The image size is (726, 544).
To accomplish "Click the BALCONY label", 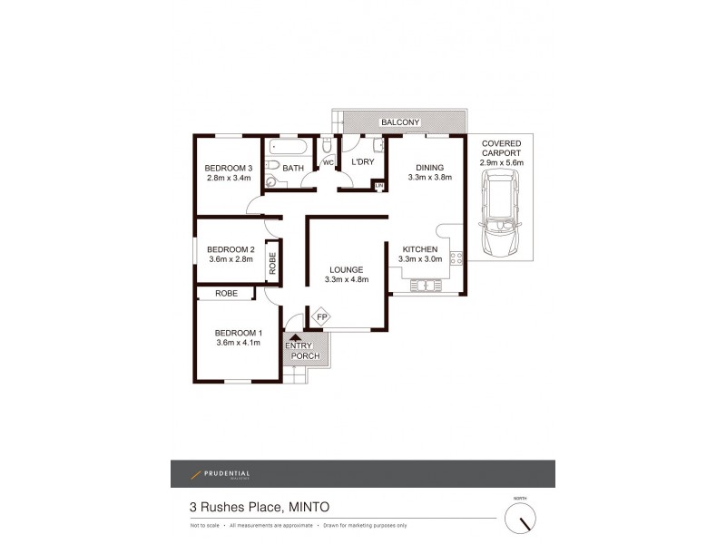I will coord(399,122).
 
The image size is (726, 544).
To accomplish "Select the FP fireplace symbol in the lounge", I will coord(322,316).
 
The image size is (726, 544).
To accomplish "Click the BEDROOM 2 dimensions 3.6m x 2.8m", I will coord(231,260).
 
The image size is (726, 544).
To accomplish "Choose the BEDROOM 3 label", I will coord(228,168).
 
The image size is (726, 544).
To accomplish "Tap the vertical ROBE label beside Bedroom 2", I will coord(272,263).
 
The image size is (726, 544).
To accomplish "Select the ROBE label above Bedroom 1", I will coord(226,294).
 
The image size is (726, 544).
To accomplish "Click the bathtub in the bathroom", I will coord(289,147).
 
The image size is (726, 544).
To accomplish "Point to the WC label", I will coord(329,163).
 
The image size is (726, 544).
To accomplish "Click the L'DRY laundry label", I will coord(363,162).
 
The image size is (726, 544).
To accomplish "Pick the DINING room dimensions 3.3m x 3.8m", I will coord(428,179).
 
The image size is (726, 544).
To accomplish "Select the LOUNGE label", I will coord(346,269).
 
